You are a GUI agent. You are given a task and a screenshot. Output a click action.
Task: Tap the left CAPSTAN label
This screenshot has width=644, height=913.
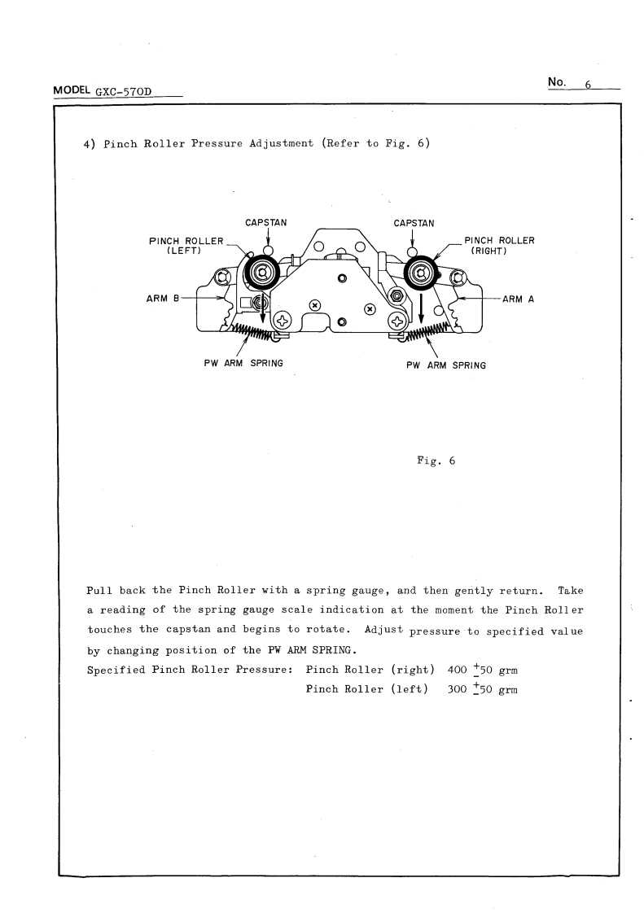(x=265, y=223)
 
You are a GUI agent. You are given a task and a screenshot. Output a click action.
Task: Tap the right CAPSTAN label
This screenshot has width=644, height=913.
(x=414, y=223)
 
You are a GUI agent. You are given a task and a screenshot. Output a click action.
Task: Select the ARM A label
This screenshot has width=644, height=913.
(x=518, y=299)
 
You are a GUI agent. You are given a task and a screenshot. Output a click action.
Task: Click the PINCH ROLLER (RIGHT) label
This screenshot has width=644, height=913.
(x=498, y=245)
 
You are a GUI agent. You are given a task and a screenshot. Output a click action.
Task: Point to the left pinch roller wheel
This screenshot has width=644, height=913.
(x=263, y=272)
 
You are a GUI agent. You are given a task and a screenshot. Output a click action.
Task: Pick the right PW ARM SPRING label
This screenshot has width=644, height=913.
(x=445, y=365)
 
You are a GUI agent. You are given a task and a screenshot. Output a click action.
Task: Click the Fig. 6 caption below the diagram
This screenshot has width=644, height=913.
(x=436, y=461)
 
